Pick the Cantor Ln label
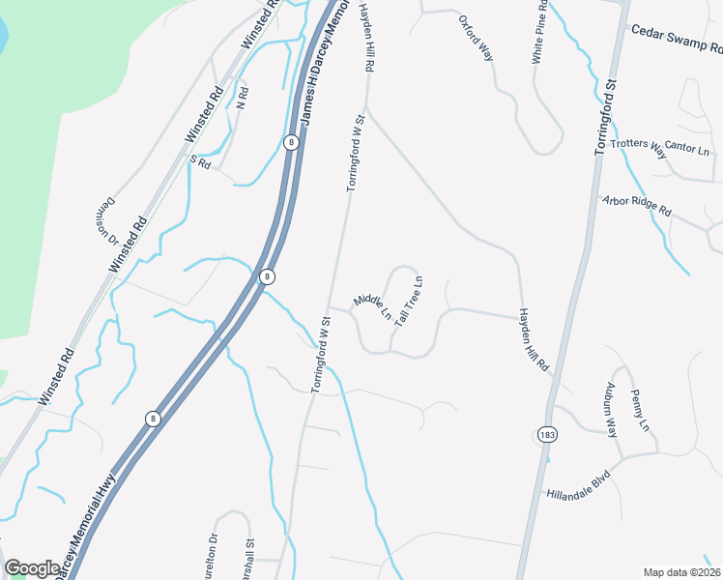pyautogui.click(x=687, y=150)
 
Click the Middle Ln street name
pyautogui.click(x=372, y=307)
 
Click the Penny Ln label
pyautogui.click(x=639, y=410)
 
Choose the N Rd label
pyautogui.click(x=243, y=99)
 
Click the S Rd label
pyautogui.click(x=200, y=162)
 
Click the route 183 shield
pyautogui.click(x=548, y=435)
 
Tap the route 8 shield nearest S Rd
pyautogui.click(x=290, y=142)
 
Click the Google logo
pyautogui.click(x=32, y=568)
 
